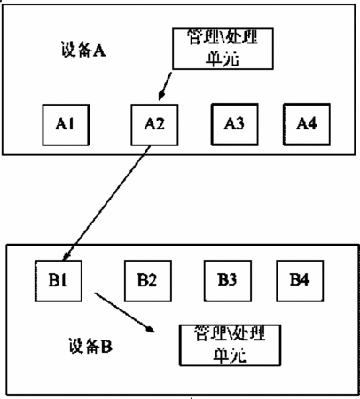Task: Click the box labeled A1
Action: point(66,125)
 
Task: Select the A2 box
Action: point(154,125)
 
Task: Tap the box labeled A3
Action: point(234,124)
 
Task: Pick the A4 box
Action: point(307,124)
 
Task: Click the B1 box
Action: point(59,281)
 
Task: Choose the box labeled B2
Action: point(148,281)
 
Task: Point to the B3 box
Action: point(228,281)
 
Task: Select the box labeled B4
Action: point(300,281)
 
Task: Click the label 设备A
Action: point(83,50)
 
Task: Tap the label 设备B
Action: point(90,346)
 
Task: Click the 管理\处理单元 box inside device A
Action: point(223,49)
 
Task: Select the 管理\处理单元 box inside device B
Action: point(230,345)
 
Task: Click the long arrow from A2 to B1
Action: point(107,203)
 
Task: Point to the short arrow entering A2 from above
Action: point(165,86)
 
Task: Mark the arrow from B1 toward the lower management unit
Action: point(124,313)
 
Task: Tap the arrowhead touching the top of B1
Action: point(67,256)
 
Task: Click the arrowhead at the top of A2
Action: point(160,96)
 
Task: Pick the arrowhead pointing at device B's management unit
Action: point(151,330)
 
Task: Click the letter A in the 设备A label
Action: point(99,51)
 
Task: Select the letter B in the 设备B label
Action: point(106,347)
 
